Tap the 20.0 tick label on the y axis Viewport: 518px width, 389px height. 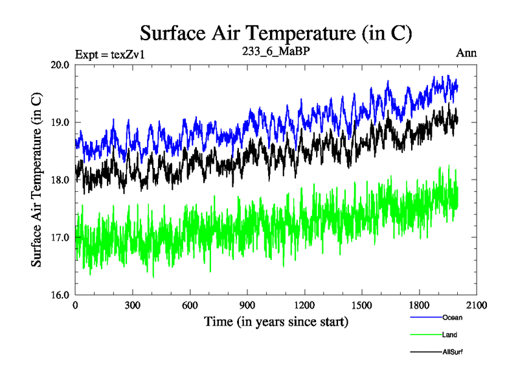(62, 65)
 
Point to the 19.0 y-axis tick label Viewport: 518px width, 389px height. (62, 123)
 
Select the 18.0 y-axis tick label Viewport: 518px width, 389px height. (62, 180)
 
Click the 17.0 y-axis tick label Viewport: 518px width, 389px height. (62, 237)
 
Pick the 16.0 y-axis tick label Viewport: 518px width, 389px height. (62, 295)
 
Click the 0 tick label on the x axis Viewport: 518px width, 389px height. (76, 305)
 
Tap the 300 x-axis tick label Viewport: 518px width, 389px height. (133, 305)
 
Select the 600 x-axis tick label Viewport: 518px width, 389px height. (190, 305)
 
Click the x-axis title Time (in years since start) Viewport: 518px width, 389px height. (276, 322)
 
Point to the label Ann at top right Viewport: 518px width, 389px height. (466, 53)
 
